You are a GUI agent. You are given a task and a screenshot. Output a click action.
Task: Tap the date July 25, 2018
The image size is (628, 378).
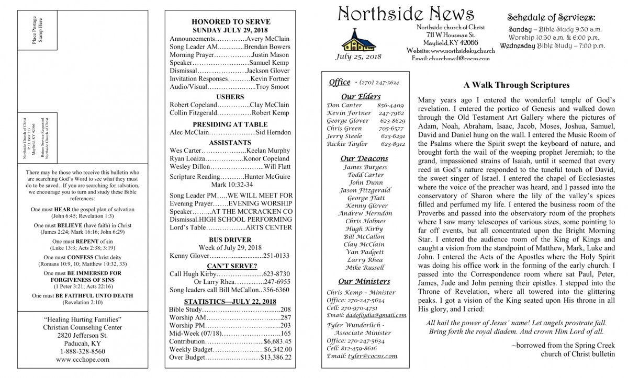coord(359,56)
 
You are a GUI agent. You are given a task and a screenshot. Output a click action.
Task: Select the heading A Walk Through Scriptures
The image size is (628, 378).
coord(516,85)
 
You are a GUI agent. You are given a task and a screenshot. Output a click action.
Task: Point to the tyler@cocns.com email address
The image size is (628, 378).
coord(372,356)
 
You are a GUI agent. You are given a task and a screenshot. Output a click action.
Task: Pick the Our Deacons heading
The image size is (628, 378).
coord(364,158)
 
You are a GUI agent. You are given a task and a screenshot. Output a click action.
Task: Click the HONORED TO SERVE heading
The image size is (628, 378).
coord(231,22)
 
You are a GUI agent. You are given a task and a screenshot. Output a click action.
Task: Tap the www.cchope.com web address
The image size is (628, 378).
coord(83,360)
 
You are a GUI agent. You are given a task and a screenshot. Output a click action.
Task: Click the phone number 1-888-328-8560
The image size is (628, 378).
coord(83,351)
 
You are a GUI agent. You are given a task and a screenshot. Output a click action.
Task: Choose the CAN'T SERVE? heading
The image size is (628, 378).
coord(230,266)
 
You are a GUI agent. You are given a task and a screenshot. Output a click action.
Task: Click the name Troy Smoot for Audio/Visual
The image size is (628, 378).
coord(273,86)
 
